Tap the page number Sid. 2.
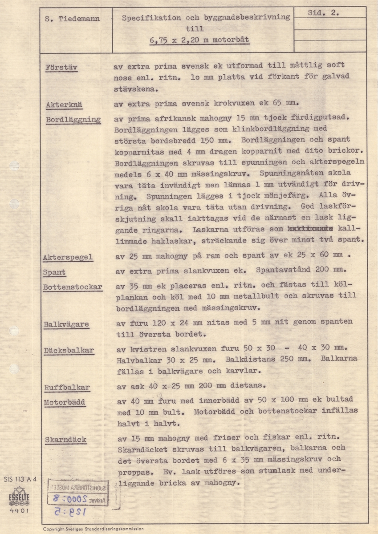[324, 13]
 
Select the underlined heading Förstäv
[62, 68]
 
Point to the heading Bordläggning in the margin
[73, 120]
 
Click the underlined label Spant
[54, 272]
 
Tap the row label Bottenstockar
[73, 287]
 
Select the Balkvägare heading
[66, 324]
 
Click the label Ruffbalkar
[67, 388]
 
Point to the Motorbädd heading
[65, 402]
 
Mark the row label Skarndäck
[65, 440]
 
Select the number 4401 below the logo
[20, 511]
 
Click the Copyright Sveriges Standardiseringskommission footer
[93, 529]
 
